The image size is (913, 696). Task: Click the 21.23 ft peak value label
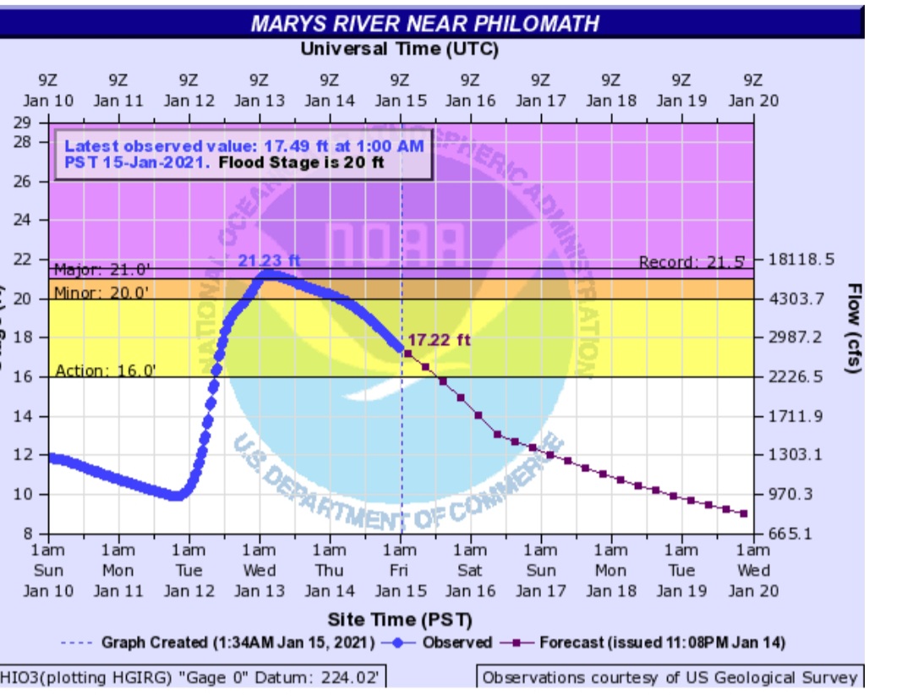click(x=269, y=260)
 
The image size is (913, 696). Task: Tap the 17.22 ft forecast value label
click(x=439, y=340)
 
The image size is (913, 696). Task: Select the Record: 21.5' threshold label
click(x=692, y=262)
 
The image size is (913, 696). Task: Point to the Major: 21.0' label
click(x=102, y=271)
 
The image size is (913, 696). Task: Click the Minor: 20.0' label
click(x=102, y=293)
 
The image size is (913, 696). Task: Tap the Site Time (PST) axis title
click(x=400, y=619)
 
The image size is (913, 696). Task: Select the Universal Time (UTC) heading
click(x=400, y=49)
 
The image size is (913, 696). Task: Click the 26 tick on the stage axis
click(x=32, y=181)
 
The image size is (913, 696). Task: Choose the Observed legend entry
click(x=442, y=643)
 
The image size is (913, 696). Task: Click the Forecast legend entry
click(x=648, y=643)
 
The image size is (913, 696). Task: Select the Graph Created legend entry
click(x=220, y=643)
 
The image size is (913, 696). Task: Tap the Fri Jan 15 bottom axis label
click(x=400, y=571)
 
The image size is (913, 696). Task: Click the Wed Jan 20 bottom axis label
click(x=752, y=571)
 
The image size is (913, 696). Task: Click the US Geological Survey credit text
click(x=670, y=677)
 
